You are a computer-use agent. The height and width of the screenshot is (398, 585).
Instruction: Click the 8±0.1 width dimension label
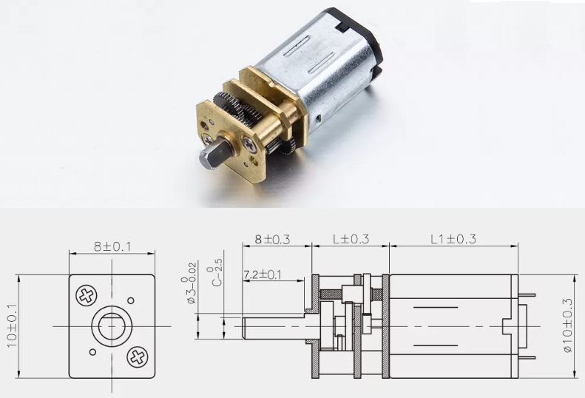tap(112, 247)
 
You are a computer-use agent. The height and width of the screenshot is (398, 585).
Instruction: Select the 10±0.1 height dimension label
tap(12, 326)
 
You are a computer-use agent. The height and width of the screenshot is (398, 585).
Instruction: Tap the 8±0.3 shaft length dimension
tap(272, 240)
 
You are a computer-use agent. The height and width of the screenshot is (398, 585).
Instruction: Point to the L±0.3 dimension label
tap(351, 239)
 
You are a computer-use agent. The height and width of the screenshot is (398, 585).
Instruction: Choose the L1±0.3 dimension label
tap(453, 239)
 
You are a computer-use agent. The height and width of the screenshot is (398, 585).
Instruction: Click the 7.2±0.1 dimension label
tap(263, 274)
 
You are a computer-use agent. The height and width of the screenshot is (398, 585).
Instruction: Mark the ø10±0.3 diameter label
tap(568, 326)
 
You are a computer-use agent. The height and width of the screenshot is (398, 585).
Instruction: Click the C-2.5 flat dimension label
tap(216, 272)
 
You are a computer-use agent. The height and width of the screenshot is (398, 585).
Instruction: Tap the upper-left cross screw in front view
tap(87, 296)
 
